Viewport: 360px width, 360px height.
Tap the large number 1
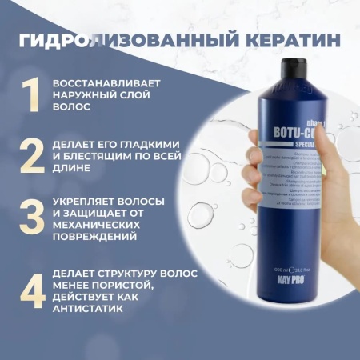point(30,95)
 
